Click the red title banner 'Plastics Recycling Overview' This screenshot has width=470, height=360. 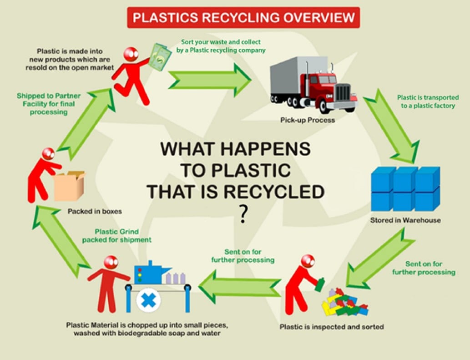point(243,18)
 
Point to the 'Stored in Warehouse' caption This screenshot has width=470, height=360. point(405,221)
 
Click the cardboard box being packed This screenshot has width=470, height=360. point(69,186)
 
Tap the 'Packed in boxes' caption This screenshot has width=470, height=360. point(95,211)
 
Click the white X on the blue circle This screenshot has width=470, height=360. point(148,301)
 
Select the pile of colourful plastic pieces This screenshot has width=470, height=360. point(344,303)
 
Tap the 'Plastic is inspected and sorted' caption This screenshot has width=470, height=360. point(332,326)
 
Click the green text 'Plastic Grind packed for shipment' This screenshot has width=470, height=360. point(117,235)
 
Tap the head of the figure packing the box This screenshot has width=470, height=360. point(48,154)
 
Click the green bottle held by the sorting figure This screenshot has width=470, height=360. point(320,284)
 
